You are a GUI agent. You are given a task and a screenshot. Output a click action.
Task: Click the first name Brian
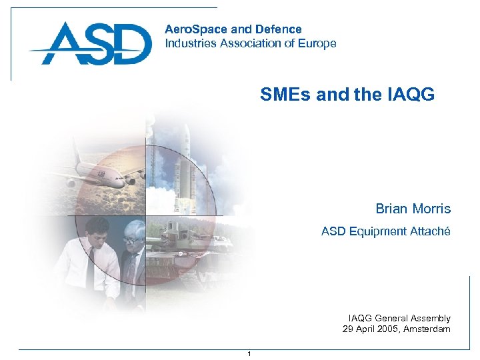[x=391, y=209]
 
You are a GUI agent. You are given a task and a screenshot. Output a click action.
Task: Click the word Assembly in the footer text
[x=430, y=318]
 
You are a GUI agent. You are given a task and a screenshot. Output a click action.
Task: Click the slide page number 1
[x=249, y=353]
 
